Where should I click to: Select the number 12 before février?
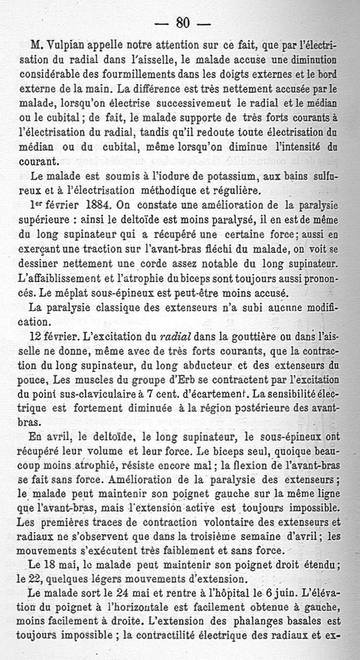point(36,338)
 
